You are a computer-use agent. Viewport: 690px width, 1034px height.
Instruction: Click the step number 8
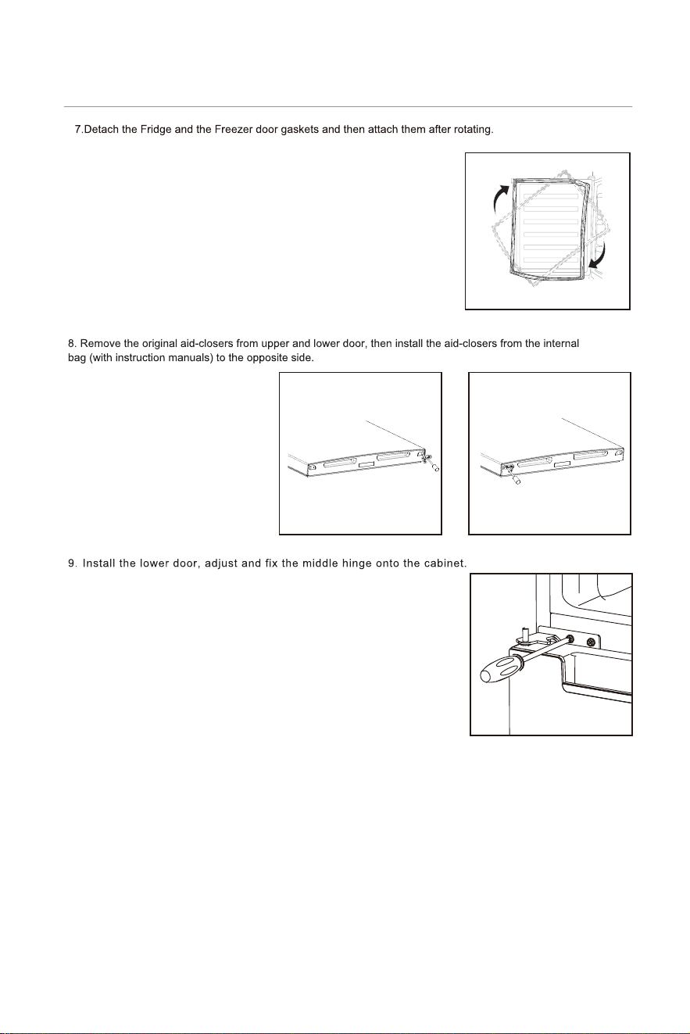pos(72,344)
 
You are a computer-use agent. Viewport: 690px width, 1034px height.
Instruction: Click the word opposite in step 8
pos(266,358)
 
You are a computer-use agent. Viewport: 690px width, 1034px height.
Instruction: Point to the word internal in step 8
pos(561,344)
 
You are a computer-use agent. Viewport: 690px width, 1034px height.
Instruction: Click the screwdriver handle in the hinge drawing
pos(501,668)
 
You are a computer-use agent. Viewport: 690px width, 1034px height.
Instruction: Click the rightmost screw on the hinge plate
pos(590,642)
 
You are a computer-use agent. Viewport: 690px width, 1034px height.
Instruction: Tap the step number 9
pos(72,564)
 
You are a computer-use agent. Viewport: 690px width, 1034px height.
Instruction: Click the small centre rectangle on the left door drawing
pos(367,463)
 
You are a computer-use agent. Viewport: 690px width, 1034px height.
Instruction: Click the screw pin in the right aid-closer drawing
pos(514,475)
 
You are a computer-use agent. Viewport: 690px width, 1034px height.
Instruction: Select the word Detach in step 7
pos(101,130)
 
